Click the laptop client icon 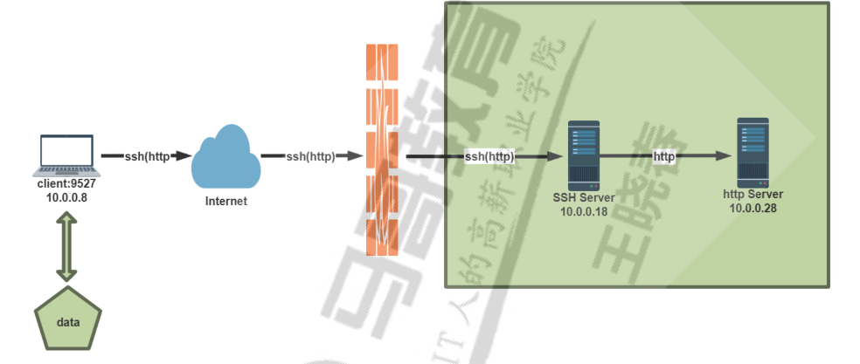tap(66, 155)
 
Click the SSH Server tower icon tap(582, 155)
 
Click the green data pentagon tap(68, 319)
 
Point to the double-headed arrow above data tap(67, 246)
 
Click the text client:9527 tap(66, 185)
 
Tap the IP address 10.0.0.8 tap(66, 198)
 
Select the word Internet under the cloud tap(225, 201)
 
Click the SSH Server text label tap(583, 198)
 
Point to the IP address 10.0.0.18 tap(583, 211)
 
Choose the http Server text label tap(752, 194)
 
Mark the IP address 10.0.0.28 tap(752, 208)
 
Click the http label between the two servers tap(664, 156)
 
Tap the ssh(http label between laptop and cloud tap(147, 156)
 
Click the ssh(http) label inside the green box tap(489, 157)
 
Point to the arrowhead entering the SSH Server tap(553, 157)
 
